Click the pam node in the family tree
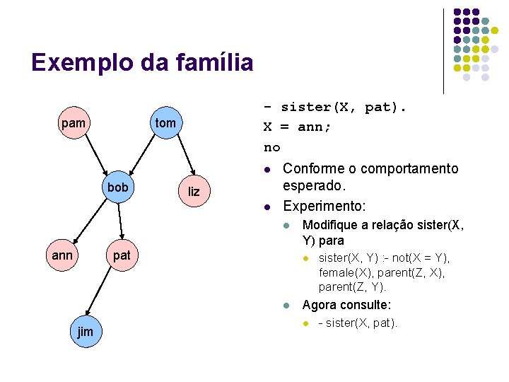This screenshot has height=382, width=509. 74,123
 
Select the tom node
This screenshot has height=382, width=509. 165,123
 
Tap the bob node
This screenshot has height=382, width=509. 118,187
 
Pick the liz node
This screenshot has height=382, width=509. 194,192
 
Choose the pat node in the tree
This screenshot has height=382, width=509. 122,255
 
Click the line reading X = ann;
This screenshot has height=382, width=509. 298,127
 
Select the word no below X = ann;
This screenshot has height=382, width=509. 271,147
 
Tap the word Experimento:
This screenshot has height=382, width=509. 324,207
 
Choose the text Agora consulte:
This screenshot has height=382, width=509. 346,306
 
